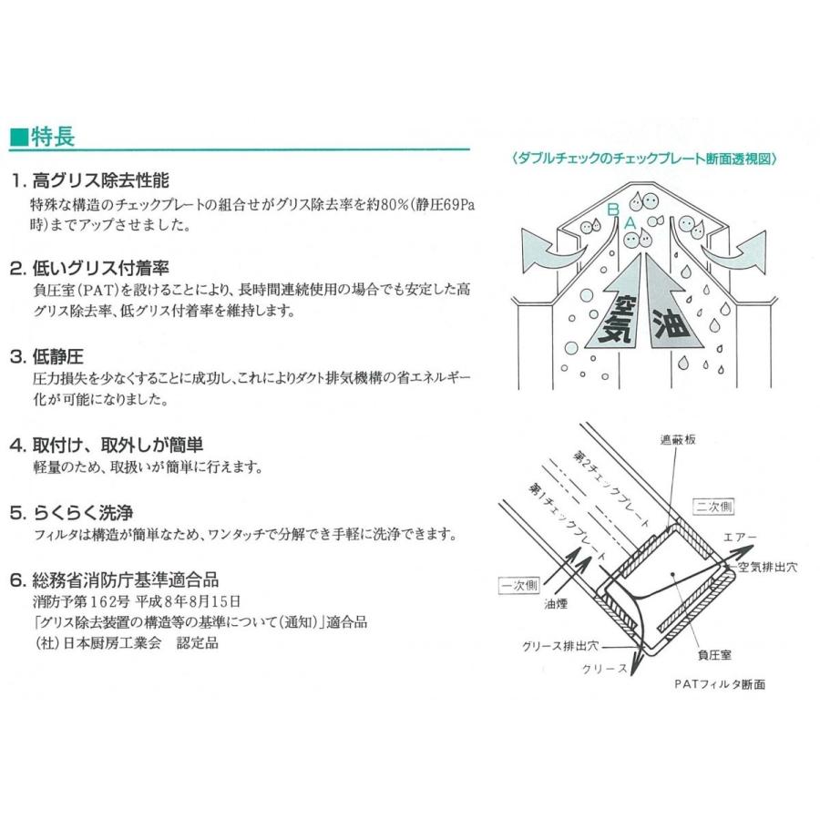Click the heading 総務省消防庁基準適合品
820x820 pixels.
point(125,580)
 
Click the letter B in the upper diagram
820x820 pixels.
point(613,209)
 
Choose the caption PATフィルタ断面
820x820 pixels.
point(720,684)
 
